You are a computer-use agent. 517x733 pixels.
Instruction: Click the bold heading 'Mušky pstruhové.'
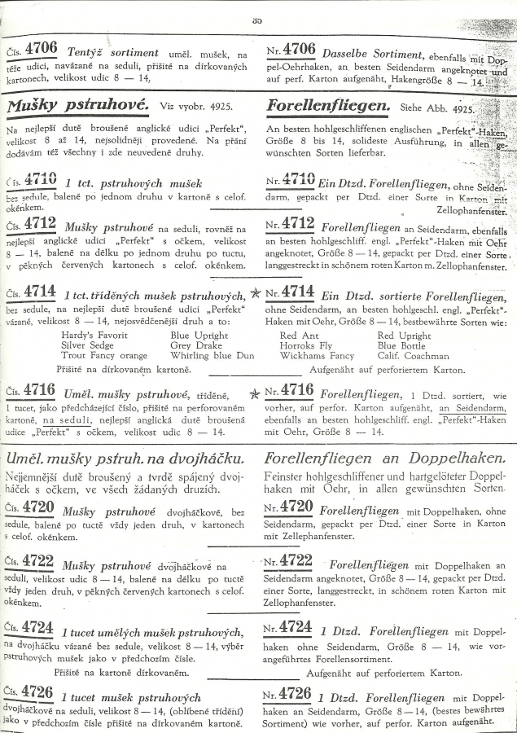pyautogui.click(x=77, y=106)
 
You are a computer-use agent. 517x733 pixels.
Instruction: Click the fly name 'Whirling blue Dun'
pyautogui.click(x=212, y=356)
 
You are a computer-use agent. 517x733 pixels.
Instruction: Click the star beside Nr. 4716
pyautogui.click(x=256, y=393)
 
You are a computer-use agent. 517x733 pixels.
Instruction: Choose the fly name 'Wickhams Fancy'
pyautogui.click(x=317, y=356)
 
